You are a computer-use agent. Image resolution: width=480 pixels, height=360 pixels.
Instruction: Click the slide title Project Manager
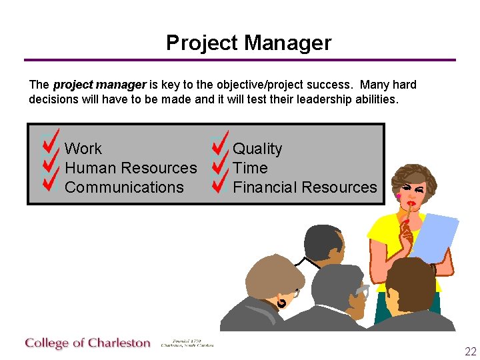tap(248, 43)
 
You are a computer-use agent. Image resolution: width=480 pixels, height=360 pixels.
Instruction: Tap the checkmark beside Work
tap(51, 142)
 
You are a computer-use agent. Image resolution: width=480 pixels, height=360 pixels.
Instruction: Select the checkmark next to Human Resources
tap(51, 163)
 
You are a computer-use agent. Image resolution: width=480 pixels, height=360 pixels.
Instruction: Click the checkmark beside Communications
tap(51, 182)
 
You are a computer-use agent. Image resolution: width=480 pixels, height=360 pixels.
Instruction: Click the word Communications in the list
tap(124, 188)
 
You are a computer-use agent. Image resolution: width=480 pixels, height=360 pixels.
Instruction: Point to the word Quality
tap(257, 149)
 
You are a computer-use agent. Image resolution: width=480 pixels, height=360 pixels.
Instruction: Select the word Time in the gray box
tap(250, 168)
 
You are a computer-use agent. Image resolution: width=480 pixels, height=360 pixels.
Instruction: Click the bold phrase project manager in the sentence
tap(99, 85)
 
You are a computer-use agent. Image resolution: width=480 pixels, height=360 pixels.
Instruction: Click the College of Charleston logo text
tap(88, 343)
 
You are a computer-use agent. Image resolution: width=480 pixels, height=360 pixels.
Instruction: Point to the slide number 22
tap(470, 352)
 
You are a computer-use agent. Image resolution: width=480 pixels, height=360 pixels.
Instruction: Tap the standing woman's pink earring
tap(399, 197)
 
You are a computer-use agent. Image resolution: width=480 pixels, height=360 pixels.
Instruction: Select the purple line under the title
tap(240, 60)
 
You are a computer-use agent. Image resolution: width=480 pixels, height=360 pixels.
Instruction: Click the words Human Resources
tap(131, 168)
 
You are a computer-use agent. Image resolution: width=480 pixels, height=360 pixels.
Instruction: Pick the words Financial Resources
tap(305, 188)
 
